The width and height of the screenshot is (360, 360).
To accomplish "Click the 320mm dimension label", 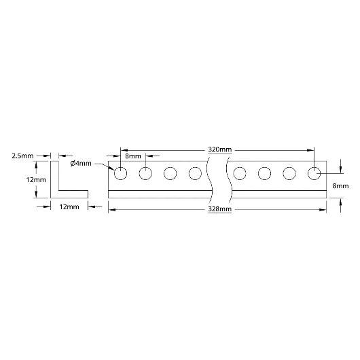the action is [219, 149].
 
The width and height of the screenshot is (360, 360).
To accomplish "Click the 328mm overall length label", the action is [219, 209].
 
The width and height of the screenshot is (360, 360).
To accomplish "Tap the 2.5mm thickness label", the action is [22, 156].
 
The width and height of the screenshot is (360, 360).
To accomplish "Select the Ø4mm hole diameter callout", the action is [81, 164].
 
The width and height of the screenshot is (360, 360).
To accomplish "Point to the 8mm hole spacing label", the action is [133, 156].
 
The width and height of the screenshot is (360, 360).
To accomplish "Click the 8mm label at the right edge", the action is [340, 186].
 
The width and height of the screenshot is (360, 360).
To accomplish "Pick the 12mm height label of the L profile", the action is [36, 180].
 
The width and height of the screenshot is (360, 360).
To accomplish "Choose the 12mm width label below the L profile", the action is [69, 207].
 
